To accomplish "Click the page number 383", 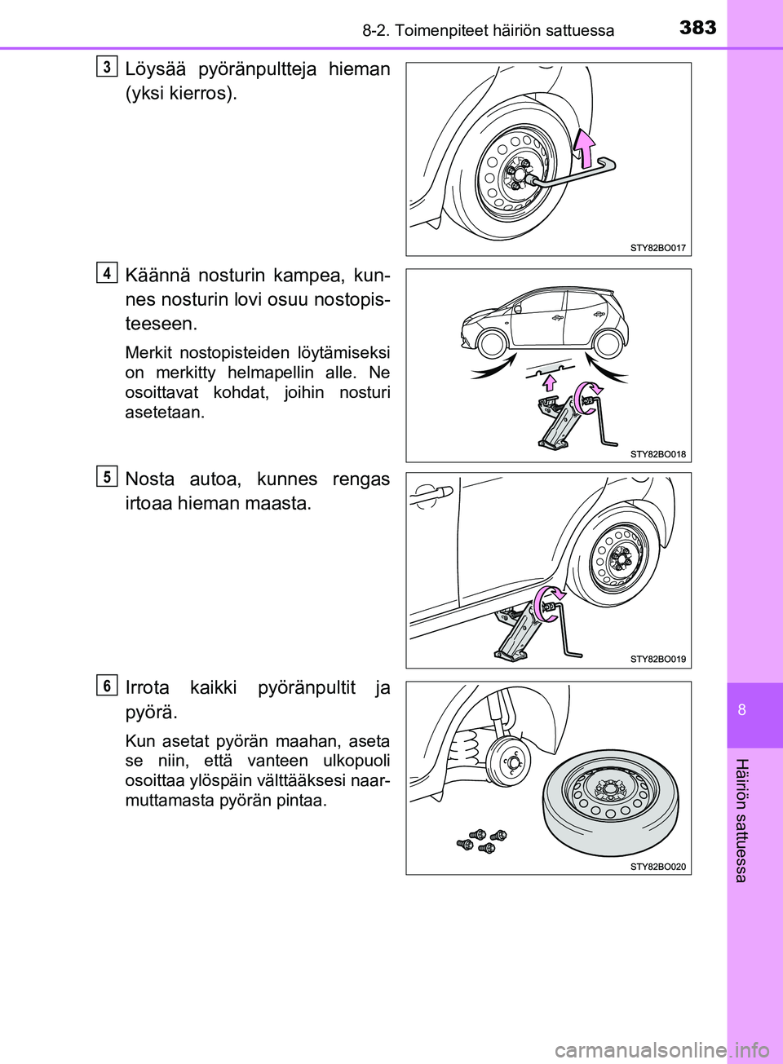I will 698,28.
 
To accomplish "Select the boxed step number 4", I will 106,272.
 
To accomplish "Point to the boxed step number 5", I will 106,476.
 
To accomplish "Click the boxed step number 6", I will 106,686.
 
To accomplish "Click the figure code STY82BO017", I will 658,248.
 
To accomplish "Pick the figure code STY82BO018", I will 658,454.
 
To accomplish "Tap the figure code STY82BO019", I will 658,659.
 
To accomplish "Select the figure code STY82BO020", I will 658,867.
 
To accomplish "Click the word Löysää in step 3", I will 155,69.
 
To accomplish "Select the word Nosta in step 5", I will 150,479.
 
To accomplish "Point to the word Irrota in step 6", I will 148,687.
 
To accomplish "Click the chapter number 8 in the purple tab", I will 742,709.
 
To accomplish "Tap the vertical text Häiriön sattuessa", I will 741,819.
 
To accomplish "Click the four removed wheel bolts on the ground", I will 481,841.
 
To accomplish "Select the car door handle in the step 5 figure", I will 432,494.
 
